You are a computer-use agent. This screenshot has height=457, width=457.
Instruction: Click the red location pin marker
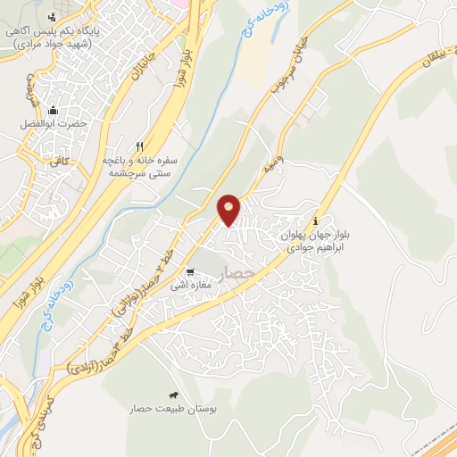pyautogui.click(x=229, y=209)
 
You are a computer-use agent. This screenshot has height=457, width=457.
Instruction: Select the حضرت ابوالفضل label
pyautogui.click(x=54, y=124)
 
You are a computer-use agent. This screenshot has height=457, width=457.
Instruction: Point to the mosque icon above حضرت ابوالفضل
pyautogui.click(x=54, y=110)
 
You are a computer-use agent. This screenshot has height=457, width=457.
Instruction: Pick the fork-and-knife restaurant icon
pyautogui.click(x=138, y=146)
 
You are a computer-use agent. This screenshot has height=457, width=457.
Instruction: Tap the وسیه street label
pyautogui.click(x=268, y=166)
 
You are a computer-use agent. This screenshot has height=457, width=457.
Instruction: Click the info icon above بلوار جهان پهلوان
pyautogui.click(x=315, y=220)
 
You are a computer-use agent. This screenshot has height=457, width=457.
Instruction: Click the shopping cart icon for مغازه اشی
pyautogui.click(x=189, y=272)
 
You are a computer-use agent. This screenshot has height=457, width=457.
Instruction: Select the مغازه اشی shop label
pyautogui.click(x=215, y=286)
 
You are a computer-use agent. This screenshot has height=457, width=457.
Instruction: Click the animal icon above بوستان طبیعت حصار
pyautogui.click(x=171, y=395)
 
